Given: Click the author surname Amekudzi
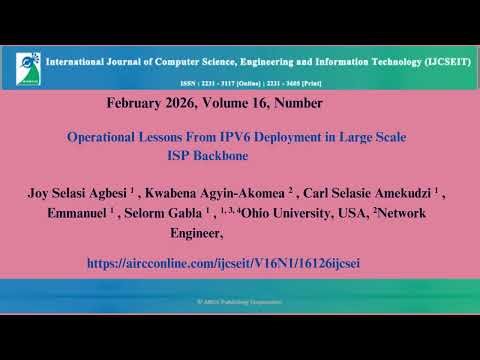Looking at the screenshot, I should [404, 191].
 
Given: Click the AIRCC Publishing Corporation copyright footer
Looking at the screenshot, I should [240, 301].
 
